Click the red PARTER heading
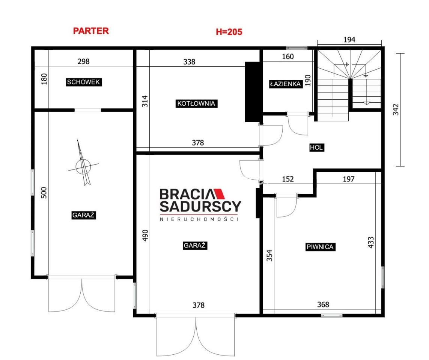coord(91,31)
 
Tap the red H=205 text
coord(229,32)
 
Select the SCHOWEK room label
coord(84,82)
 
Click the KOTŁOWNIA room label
coord(196,103)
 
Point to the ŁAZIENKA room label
coord(285,84)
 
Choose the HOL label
coord(316,148)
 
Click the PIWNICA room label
coord(320,247)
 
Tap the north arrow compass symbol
coord(83,163)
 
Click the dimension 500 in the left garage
coord(44,193)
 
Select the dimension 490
coord(145,235)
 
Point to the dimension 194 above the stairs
coord(349,40)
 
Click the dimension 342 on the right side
coord(396,109)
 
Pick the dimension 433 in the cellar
coord(371,243)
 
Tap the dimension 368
coord(323,304)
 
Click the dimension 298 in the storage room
coord(83,61)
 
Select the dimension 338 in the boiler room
coord(189,62)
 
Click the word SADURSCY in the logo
coord(200,207)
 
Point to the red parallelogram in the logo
coord(219,193)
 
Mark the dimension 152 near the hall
coord(288,179)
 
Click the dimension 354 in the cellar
coord(269,256)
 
